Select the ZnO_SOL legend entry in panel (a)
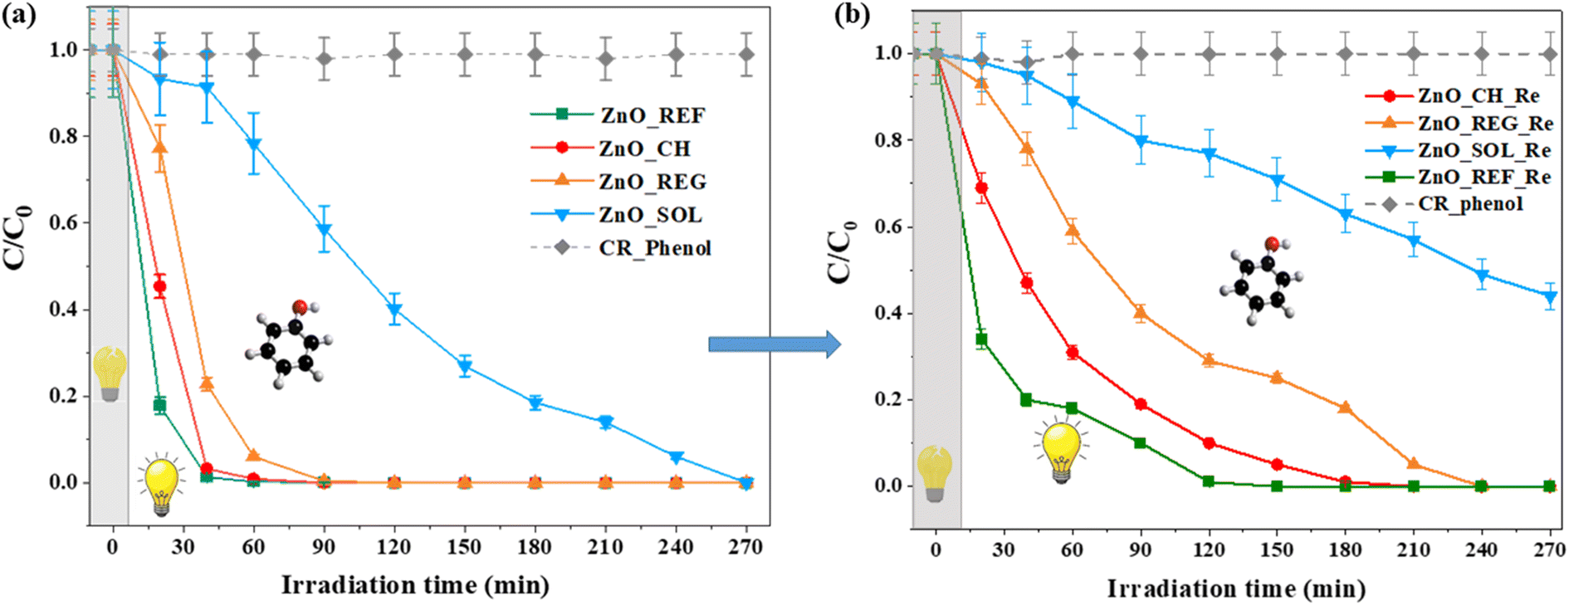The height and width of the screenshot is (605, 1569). click(616, 215)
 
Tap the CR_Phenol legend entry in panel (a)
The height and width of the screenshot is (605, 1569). click(621, 247)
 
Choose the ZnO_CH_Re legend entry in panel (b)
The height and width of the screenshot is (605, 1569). click(1453, 95)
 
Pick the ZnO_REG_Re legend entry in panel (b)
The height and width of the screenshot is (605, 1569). click(1459, 123)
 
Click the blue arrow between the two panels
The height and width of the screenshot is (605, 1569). click(775, 344)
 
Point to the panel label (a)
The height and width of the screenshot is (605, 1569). click(18, 14)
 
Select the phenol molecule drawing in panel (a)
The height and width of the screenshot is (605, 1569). click(289, 344)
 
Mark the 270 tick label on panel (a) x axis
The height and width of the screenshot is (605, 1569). click(745, 547)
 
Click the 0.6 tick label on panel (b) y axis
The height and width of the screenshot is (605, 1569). click(889, 227)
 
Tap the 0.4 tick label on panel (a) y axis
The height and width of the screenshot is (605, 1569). click(64, 309)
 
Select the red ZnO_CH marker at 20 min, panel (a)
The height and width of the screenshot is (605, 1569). click(159, 287)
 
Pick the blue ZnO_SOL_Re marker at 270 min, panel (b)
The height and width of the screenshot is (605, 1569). click(1549, 296)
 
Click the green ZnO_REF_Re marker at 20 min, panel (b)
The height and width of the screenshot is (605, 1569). click(981, 339)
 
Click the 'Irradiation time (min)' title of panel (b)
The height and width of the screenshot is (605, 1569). click(1236, 589)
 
